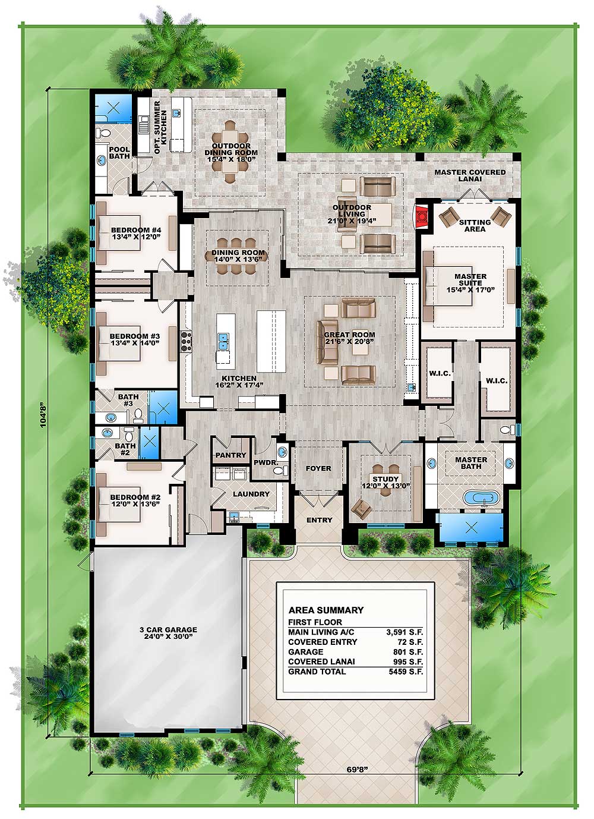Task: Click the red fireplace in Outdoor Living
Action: pos(421,217)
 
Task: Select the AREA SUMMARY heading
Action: pos(326,610)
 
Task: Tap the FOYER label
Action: pos(318,468)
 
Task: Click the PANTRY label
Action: pos(230,455)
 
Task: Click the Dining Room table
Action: pos(239,256)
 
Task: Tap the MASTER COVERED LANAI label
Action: pos(469,175)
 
